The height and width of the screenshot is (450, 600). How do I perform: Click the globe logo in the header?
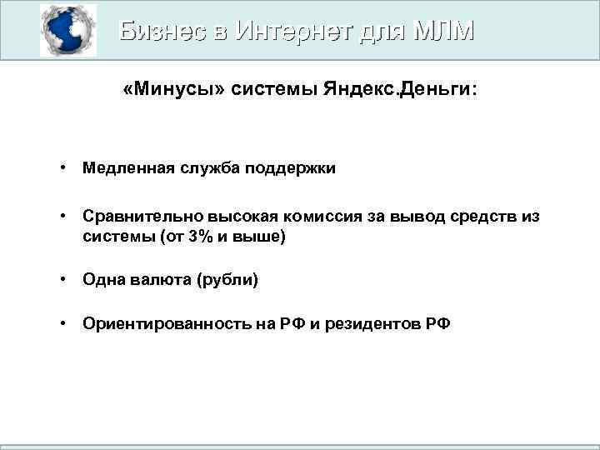pos(68,31)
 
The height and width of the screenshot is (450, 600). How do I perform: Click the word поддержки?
pos(294,168)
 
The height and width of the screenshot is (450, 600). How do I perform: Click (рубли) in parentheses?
pos(227,280)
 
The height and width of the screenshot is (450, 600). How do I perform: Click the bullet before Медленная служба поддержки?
pos(63,168)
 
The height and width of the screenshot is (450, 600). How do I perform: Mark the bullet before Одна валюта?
pos(63,280)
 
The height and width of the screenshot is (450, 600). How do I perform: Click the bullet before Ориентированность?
pos(63,323)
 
